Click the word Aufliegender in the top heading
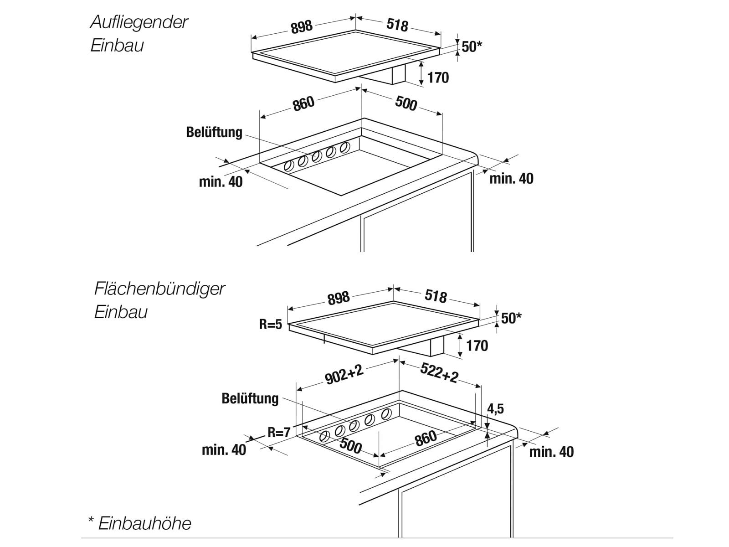click(x=139, y=22)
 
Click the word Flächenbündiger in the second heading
click(x=159, y=289)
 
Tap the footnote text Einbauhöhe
click(x=145, y=523)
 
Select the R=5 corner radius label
click(x=271, y=325)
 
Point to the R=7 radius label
click(x=279, y=432)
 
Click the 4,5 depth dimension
click(x=496, y=409)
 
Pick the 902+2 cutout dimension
click(x=344, y=375)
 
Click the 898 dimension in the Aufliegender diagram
click(x=302, y=27)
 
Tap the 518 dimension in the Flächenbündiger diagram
click(x=436, y=296)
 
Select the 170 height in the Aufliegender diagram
click(x=438, y=78)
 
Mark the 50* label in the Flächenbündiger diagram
click(x=511, y=318)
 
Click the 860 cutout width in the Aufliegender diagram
click(x=304, y=103)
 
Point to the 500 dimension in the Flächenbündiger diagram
click(x=351, y=446)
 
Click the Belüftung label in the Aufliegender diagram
click(x=214, y=132)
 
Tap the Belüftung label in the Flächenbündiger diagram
click(x=250, y=398)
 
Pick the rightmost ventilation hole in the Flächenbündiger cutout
click(x=386, y=413)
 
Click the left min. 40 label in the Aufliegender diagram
click(x=221, y=182)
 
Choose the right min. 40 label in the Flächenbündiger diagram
click(x=551, y=452)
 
